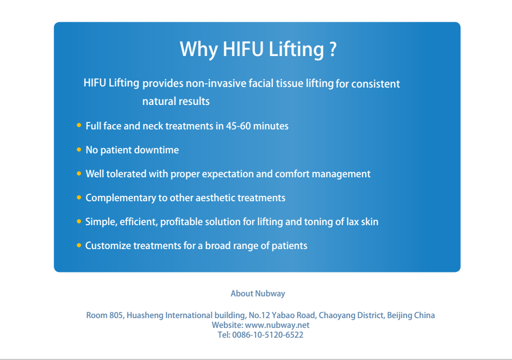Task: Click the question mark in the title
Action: click(333, 49)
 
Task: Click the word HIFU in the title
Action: click(243, 49)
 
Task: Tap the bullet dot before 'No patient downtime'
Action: click(79, 150)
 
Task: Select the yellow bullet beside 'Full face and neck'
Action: click(79, 126)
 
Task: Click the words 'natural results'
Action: click(176, 101)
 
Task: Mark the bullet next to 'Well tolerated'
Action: click(79, 173)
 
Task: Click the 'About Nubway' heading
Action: click(258, 293)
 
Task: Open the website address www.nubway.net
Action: click(277, 325)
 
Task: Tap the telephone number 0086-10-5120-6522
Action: click(268, 335)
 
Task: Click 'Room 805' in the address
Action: click(105, 315)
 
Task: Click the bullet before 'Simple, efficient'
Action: click(79, 221)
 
